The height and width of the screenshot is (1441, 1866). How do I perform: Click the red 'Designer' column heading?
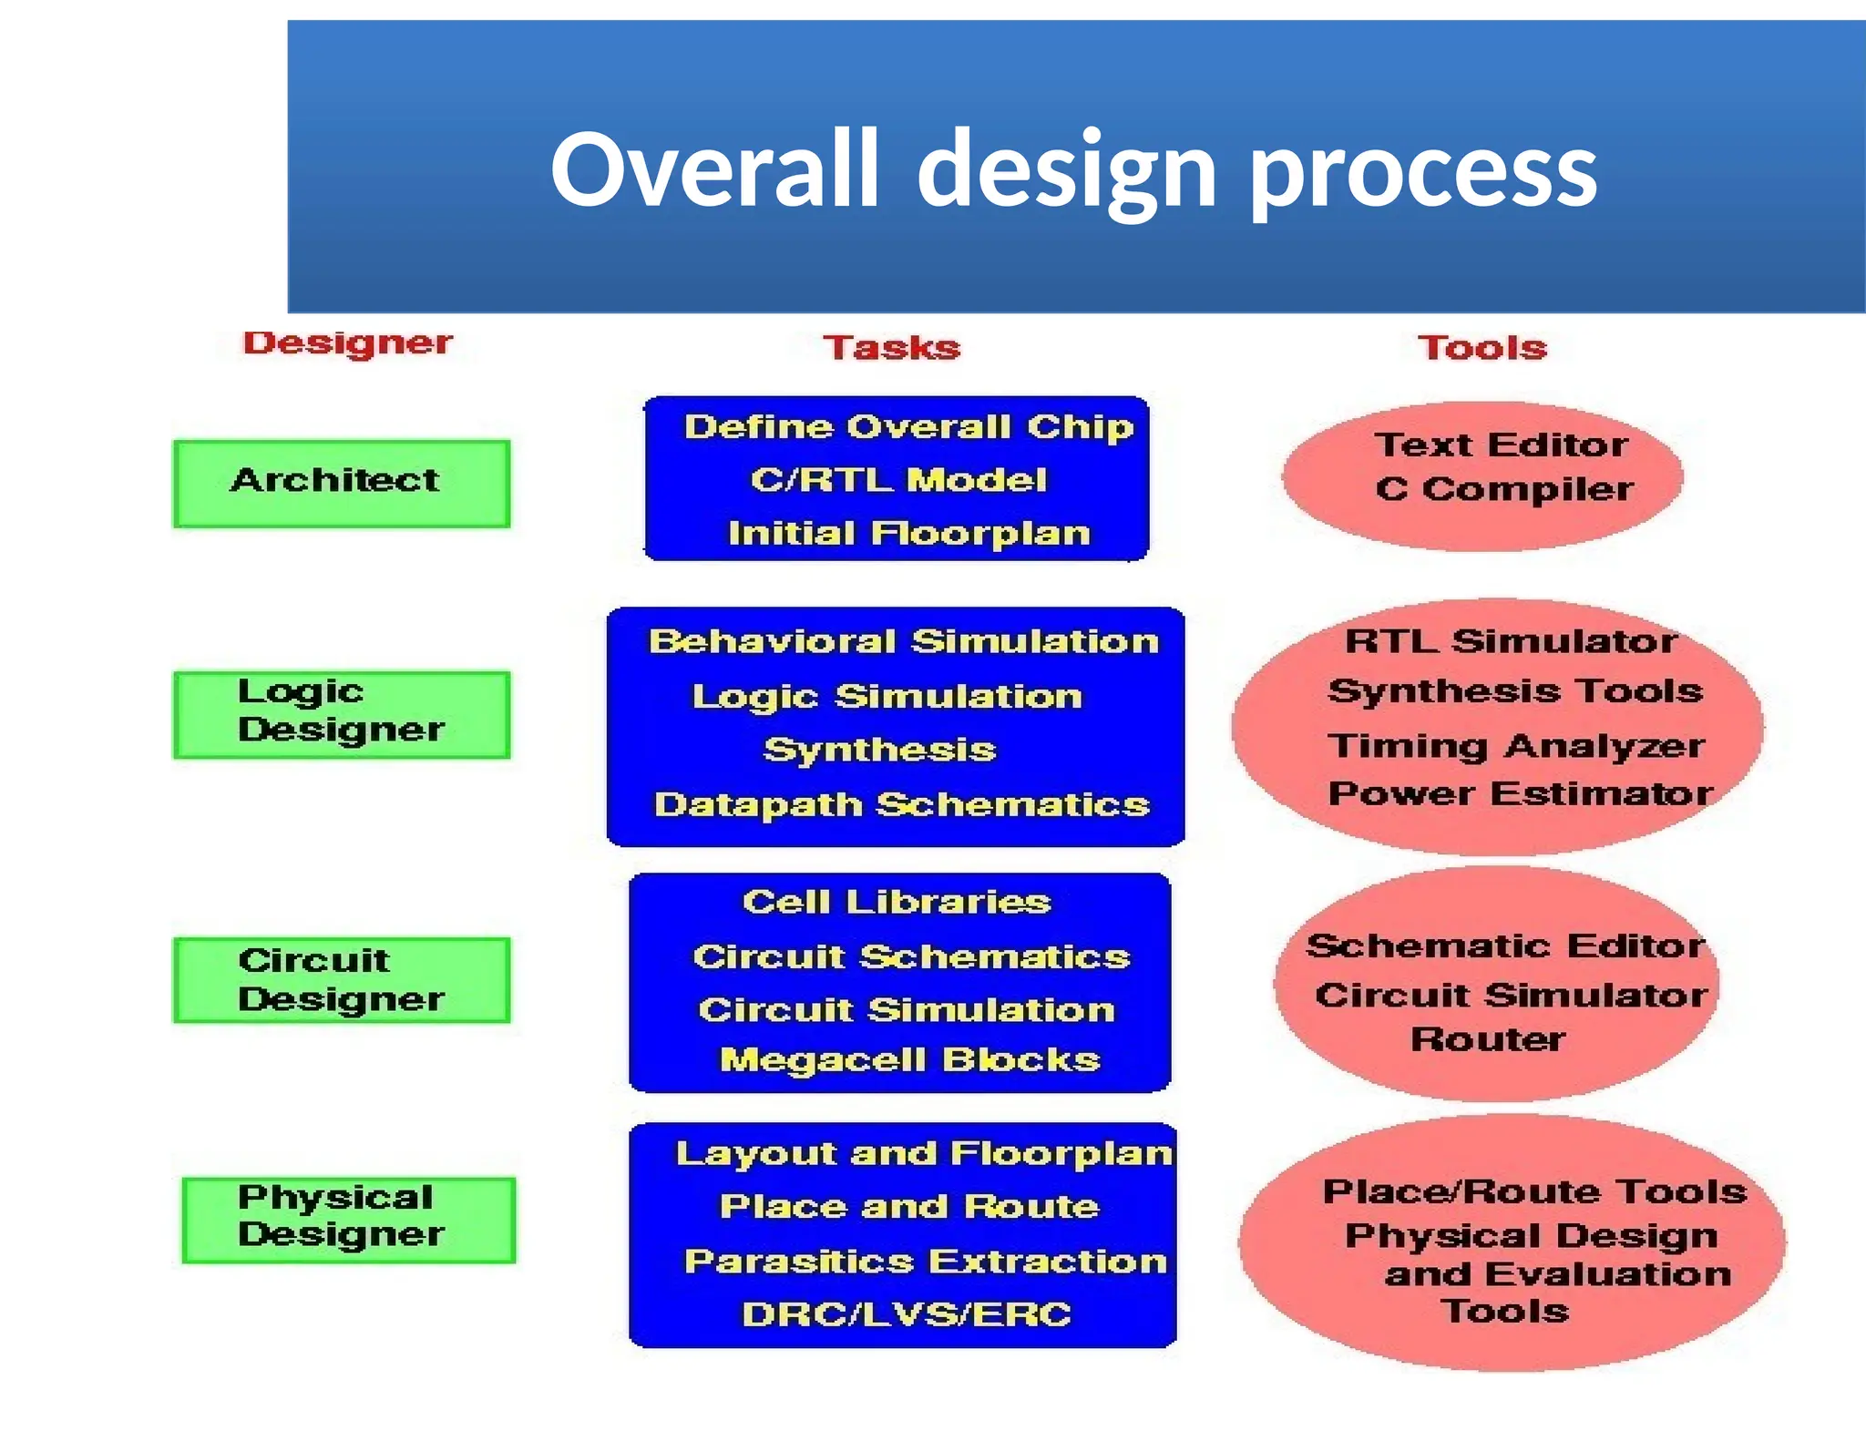[347, 343]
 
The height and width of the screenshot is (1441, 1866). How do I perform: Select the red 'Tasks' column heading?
[892, 348]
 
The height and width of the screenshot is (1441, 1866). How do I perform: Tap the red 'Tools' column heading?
[1482, 348]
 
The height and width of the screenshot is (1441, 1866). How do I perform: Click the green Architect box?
[342, 483]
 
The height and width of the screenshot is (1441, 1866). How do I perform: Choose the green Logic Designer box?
[342, 714]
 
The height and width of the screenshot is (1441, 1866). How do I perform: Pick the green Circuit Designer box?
[342, 980]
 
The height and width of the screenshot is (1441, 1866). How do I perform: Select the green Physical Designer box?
[348, 1219]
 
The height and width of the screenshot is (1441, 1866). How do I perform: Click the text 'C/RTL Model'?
[898, 480]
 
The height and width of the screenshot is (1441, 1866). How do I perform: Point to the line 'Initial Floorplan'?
[908, 533]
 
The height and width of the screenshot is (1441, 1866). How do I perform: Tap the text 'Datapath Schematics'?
[901, 805]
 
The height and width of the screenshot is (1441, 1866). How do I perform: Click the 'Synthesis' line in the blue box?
[879, 750]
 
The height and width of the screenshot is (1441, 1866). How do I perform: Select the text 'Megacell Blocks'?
[909, 1060]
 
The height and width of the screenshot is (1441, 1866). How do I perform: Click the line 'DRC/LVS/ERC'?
[906, 1314]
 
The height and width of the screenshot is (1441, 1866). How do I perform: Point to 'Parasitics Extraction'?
[925, 1262]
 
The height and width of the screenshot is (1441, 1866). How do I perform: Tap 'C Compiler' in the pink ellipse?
[1503, 490]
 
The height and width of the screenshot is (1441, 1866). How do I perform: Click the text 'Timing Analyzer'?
[1515, 746]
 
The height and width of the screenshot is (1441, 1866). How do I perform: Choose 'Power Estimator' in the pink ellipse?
[1520, 794]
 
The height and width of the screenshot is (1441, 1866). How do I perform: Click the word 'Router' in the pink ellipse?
[1487, 1039]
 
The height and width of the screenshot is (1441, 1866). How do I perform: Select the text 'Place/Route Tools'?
[1534, 1192]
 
